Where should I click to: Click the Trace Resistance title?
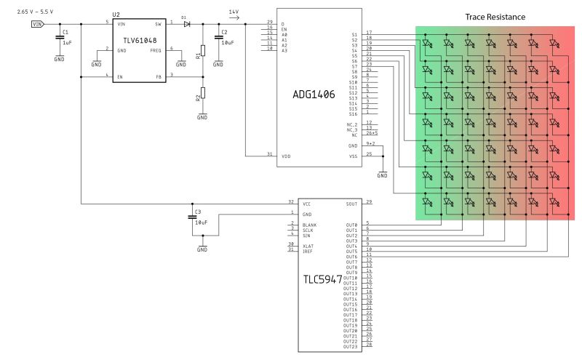(x=495, y=17)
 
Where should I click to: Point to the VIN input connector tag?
(x=37, y=24)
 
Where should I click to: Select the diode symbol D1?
(x=186, y=23)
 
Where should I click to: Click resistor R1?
(x=203, y=50)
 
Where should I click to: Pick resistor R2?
(x=203, y=92)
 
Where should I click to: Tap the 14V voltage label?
(x=234, y=12)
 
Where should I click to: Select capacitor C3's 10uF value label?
(x=202, y=223)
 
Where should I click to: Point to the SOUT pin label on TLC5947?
(x=351, y=204)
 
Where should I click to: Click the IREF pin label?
(x=308, y=250)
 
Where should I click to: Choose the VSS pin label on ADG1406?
(x=353, y=155)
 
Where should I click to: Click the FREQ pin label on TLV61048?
(x=156, y=49)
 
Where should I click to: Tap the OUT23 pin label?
(x=350, y=346)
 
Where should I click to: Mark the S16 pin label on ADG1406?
(x=354, y=114)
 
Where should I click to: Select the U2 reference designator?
(x=116, y=13)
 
